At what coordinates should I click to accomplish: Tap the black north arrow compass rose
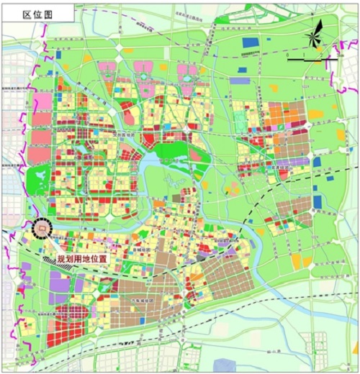(x=315, y=37)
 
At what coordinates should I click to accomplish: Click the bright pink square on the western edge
(x=42, y=101)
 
